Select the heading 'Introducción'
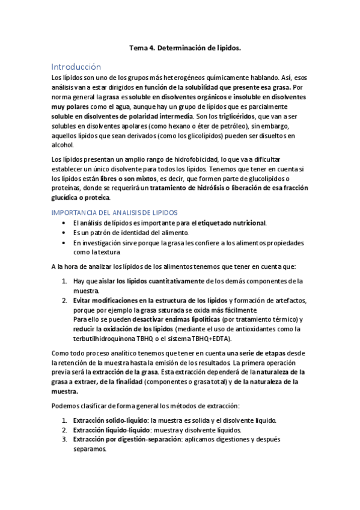[76, 67]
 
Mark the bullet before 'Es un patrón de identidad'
[65, 233]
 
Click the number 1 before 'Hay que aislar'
[64, 281]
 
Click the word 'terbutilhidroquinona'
[103, 339]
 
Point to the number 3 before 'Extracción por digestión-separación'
[64, 440]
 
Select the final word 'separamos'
[89, 449]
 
